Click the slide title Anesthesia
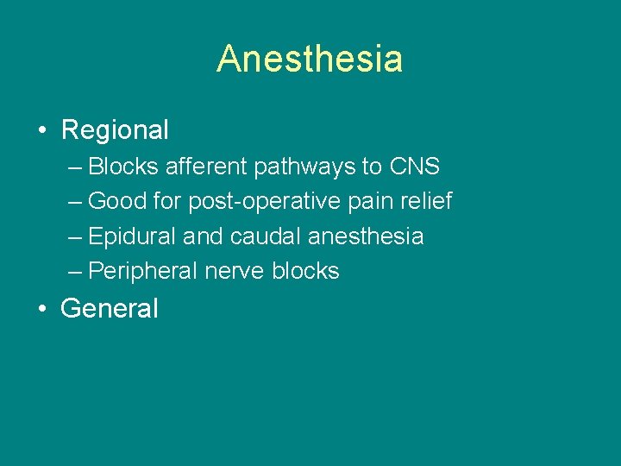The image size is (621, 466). point(310,60)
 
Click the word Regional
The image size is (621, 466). point(115,130)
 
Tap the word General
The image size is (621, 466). point(110,309)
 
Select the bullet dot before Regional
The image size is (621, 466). point(41,131)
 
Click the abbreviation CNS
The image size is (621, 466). point(414,167)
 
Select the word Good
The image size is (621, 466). point(117,202)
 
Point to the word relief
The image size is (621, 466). point(425,202)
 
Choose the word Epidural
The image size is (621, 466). point(129,236)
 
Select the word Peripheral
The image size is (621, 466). point(143,272)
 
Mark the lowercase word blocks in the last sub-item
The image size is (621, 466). point(305,271)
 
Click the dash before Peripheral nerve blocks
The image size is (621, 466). point(75,272)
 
